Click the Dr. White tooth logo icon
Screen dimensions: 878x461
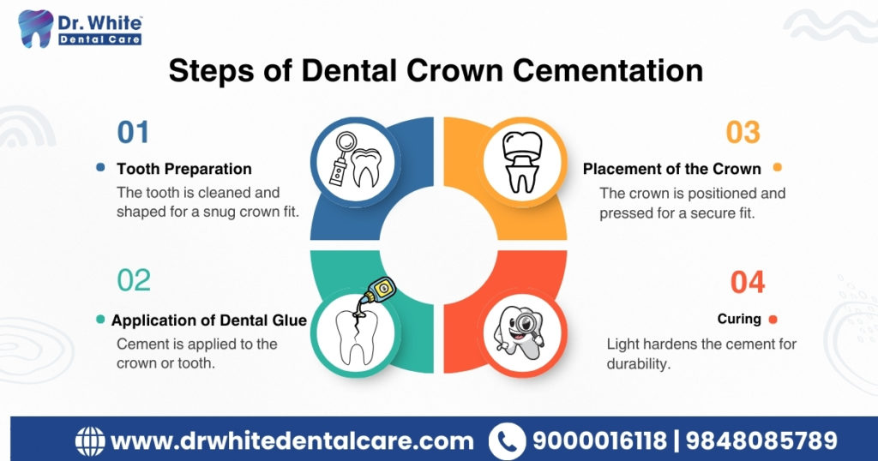point(36,28)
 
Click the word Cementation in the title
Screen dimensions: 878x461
point(608,70)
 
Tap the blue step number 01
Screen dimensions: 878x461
point(133,133)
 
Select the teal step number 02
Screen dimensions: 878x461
point(134,280)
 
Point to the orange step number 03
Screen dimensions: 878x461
point(743,133)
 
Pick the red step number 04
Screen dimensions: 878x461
point(748,282)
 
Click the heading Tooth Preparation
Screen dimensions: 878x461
point(184,169)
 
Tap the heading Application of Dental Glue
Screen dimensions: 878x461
point(209,320)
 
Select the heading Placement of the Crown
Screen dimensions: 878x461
point(672,169)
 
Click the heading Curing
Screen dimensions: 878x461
point(739,319)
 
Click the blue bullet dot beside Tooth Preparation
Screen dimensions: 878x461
point(101,167)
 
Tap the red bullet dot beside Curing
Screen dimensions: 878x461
point(773,320)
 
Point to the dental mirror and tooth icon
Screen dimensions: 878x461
point(356,160)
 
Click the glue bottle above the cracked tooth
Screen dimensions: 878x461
point(378,291)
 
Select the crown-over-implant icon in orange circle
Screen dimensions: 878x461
point(522,162)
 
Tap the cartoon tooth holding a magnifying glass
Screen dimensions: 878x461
point(519,332)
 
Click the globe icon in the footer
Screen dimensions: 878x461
point(90,441)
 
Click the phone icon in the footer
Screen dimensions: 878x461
point(507,441)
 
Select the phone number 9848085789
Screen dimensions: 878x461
point(761,440)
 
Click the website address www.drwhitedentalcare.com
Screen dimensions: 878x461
point(292,441)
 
